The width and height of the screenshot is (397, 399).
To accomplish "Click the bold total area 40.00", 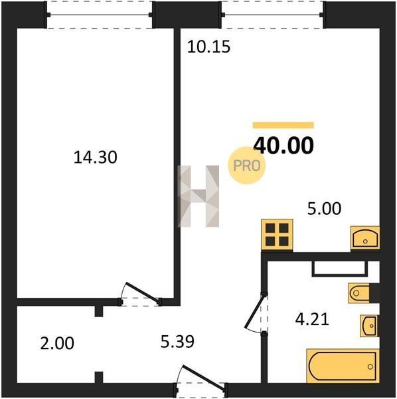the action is [x=283, y=145].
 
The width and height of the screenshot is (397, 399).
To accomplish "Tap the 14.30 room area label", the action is [x=95, y=157].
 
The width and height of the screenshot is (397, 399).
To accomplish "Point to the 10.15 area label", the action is [x=208, y=47].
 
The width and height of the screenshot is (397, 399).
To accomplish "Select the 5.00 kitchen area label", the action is [x=324, y=208].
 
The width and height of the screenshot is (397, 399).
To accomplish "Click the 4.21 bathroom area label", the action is [x=312, y=319].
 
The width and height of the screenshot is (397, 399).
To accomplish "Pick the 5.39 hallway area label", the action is [x=177, y=342].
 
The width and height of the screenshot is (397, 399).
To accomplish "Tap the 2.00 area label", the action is [x=57, y=343].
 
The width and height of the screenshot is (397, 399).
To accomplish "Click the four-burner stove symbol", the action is [x=277, y=235].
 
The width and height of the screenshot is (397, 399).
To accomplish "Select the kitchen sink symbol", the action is [x=365, y=237].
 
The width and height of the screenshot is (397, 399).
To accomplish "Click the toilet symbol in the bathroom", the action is [x=358, y=293].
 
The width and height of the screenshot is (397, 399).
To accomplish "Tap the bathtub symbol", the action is [x=343, y=366].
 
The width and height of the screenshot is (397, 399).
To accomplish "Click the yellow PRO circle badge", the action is [x=247, y=166].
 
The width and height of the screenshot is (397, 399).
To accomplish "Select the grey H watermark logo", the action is [x=198, y=196].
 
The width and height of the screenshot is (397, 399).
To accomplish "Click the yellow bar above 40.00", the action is [x=283, y=125].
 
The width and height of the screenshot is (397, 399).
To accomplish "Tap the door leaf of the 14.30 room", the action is [x=143, y=293].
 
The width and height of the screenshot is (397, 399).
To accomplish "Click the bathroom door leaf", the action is [x=255, y=311].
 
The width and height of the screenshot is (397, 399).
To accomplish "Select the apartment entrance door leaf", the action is [x=204, y=376].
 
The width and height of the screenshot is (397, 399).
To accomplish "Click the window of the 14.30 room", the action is [x=100, y=15].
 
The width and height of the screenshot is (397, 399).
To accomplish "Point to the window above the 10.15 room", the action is [x=272, y=15].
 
